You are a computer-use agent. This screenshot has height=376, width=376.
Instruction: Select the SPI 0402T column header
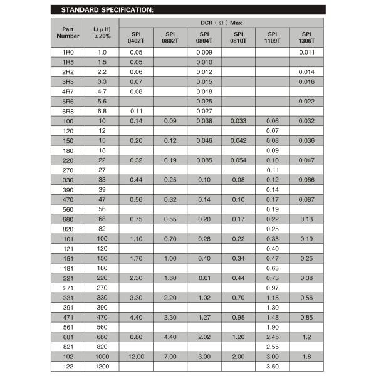click(x=136, y=37)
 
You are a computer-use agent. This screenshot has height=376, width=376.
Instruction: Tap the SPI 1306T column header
click(x=306, y=37)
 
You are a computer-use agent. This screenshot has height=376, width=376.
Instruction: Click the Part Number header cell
click(x=68, y=33)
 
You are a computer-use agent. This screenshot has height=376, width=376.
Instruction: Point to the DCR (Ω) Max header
click(x=221, y=23)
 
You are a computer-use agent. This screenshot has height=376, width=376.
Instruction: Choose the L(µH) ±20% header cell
click(x=102, y=33)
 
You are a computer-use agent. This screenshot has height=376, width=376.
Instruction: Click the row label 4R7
click(x=68, y=91)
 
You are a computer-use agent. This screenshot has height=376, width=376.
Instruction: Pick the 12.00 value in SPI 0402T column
click(x=136, y=355)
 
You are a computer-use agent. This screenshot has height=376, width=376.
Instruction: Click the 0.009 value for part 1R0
click(x=204, y=52)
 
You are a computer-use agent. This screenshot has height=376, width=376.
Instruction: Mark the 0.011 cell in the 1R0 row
click(x=306, y=52)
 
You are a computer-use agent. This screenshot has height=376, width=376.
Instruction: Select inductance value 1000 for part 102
click(x=102, y=355)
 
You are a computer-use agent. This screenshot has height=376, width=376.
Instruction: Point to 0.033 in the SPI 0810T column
click(x=238, y=120)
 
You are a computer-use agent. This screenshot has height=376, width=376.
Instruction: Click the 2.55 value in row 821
click(x=273, y=346)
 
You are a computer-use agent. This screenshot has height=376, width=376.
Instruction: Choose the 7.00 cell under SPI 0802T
click(x=170, y=355)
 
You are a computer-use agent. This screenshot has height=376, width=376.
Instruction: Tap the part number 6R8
click(x=68, y=111)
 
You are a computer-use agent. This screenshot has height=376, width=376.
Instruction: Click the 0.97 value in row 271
click(x=273, y=287)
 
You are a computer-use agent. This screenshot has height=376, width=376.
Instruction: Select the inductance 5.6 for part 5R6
click(x=102, y=101)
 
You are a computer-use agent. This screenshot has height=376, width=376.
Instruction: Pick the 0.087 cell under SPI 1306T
click(x=306, y=199)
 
